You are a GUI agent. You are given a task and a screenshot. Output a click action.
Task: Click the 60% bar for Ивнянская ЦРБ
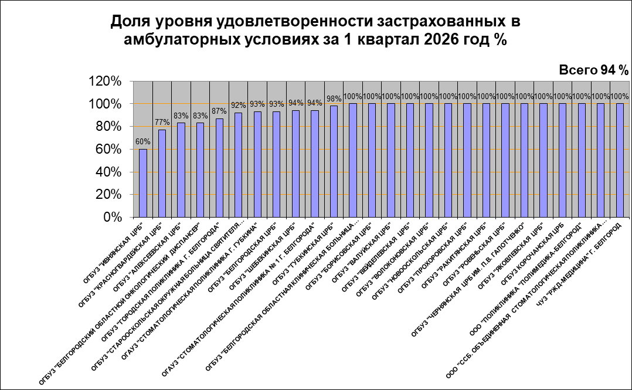(x=143, y=183)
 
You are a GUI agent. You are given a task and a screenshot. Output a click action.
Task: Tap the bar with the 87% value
(x=219, y=168)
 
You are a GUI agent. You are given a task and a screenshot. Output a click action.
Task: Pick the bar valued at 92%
(x=238, y=165)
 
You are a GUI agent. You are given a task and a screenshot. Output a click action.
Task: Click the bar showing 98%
(x=334, y=161)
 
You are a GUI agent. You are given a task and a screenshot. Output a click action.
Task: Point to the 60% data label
(x=143, y=141)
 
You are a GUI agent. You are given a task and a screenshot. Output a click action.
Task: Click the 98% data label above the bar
(x=334, y=99)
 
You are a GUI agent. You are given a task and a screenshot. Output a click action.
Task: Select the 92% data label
(x=238, y=106)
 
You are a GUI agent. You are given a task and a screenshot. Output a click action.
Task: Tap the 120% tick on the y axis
(x=106, y=82)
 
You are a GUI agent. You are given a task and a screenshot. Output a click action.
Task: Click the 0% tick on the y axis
(x=112, y=217)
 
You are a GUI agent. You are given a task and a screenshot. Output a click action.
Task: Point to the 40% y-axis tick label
(x=108, y=172)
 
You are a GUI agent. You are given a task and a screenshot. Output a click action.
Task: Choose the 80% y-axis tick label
(x=108, y=127)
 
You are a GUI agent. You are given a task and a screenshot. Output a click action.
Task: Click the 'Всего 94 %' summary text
(x=593, y=70)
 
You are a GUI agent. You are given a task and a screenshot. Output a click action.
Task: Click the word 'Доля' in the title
(x=130, y=22)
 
